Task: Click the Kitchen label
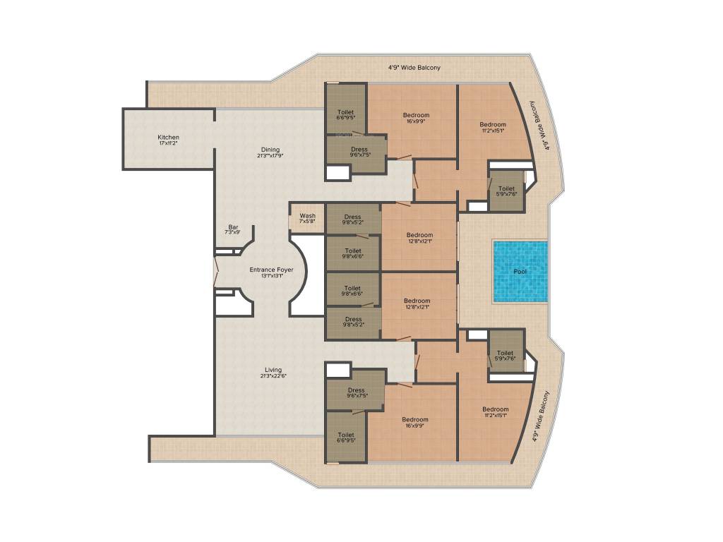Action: click(168, 137)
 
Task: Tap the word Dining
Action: click(270, 150)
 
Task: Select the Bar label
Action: click(233, 227)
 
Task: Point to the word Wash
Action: click(307, 216)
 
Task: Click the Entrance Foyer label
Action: click(271, 270)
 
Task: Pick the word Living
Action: click(273, 370)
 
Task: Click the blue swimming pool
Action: click(520, 272)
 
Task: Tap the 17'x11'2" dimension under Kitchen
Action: click(168, 143)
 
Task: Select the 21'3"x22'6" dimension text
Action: click(273, 376)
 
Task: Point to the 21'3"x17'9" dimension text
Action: click(270, 156)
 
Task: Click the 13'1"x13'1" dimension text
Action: click(271, 276)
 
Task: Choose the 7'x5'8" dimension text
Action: click(307, 222)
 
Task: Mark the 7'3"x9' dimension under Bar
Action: click(233, 232)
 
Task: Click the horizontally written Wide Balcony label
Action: click(414, 68)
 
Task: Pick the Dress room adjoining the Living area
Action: click(356, 392)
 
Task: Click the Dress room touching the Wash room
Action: click(352, 219)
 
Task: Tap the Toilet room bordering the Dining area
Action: click(345, 113)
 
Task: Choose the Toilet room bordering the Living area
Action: click(345, 437)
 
